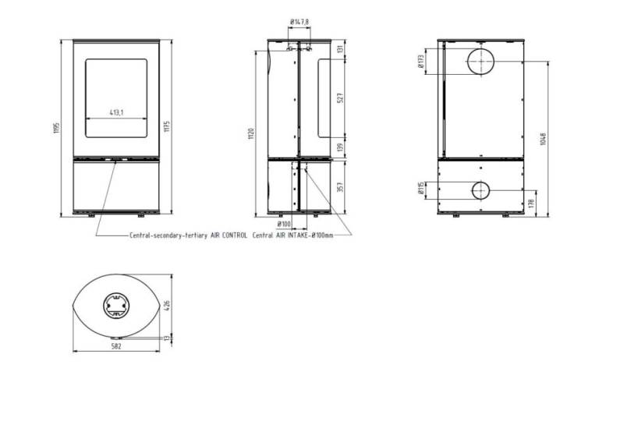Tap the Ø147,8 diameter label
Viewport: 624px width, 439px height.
pyautogui.click(x=299, y=23)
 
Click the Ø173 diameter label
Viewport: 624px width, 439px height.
pyautogui.click(x=421, y=62)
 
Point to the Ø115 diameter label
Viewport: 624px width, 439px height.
pyautogui.click(x=421, y=189)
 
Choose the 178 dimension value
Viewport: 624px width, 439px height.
pyautogui.click(x=531, y=204)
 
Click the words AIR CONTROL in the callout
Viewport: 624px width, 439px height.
pyautogui.click(x=229, y=234)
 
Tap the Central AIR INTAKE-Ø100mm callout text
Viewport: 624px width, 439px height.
pyautogui.click(x=292, y=234)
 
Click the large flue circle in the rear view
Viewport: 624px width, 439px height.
pyautogui.click(x=480, y=62)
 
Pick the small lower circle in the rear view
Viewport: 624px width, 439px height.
pyautogui.click(x=480, y=189)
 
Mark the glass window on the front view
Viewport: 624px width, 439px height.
pyautogui.click(x=116, y=97)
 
